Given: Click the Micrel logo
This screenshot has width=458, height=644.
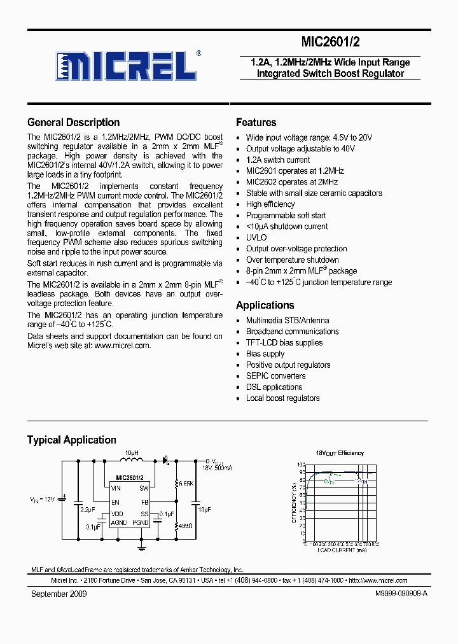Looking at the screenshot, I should tap(126, 65).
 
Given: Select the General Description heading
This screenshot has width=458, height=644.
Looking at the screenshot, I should tap(73, 123).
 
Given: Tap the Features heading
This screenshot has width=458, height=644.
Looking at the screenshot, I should tap(256, 123).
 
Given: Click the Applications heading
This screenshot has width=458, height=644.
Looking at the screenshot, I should tap(265, 305).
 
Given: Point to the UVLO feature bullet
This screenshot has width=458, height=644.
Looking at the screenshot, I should tap(256, 238).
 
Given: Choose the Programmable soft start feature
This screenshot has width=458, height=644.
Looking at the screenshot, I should tap(286, 216).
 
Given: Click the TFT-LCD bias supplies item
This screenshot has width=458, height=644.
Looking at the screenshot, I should tap(284, 343).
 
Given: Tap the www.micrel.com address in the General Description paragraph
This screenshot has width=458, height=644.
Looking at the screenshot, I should tap(122, 346).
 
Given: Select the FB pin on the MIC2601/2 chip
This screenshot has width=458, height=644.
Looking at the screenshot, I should tap(144, 502).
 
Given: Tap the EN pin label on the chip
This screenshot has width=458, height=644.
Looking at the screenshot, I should tap(115, 502).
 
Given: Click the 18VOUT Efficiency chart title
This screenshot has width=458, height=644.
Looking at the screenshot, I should tap(340, 453).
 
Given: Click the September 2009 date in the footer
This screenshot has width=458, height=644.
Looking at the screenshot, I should tap(59, 594).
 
